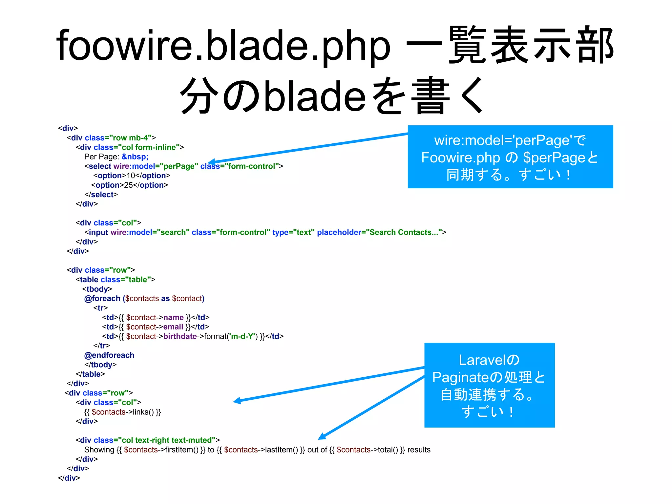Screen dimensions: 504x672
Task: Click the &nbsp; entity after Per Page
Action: (135, 157)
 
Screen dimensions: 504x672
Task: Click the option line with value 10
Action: (132, 176)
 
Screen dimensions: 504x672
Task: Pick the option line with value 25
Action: (130, 185)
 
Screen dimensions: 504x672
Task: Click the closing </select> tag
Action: (101, 195)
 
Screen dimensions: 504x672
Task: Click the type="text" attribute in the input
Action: (293, 233)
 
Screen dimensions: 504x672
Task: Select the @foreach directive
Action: (102, 299)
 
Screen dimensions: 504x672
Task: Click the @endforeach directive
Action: (109, 355)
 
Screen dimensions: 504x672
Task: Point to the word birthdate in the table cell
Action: (180, 336)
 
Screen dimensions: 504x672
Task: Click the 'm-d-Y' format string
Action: (243, 336)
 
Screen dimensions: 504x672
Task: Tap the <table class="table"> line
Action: (115, 280)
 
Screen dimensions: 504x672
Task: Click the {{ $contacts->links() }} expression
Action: (123, 412)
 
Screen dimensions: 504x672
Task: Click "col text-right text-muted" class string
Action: (167, 440)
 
